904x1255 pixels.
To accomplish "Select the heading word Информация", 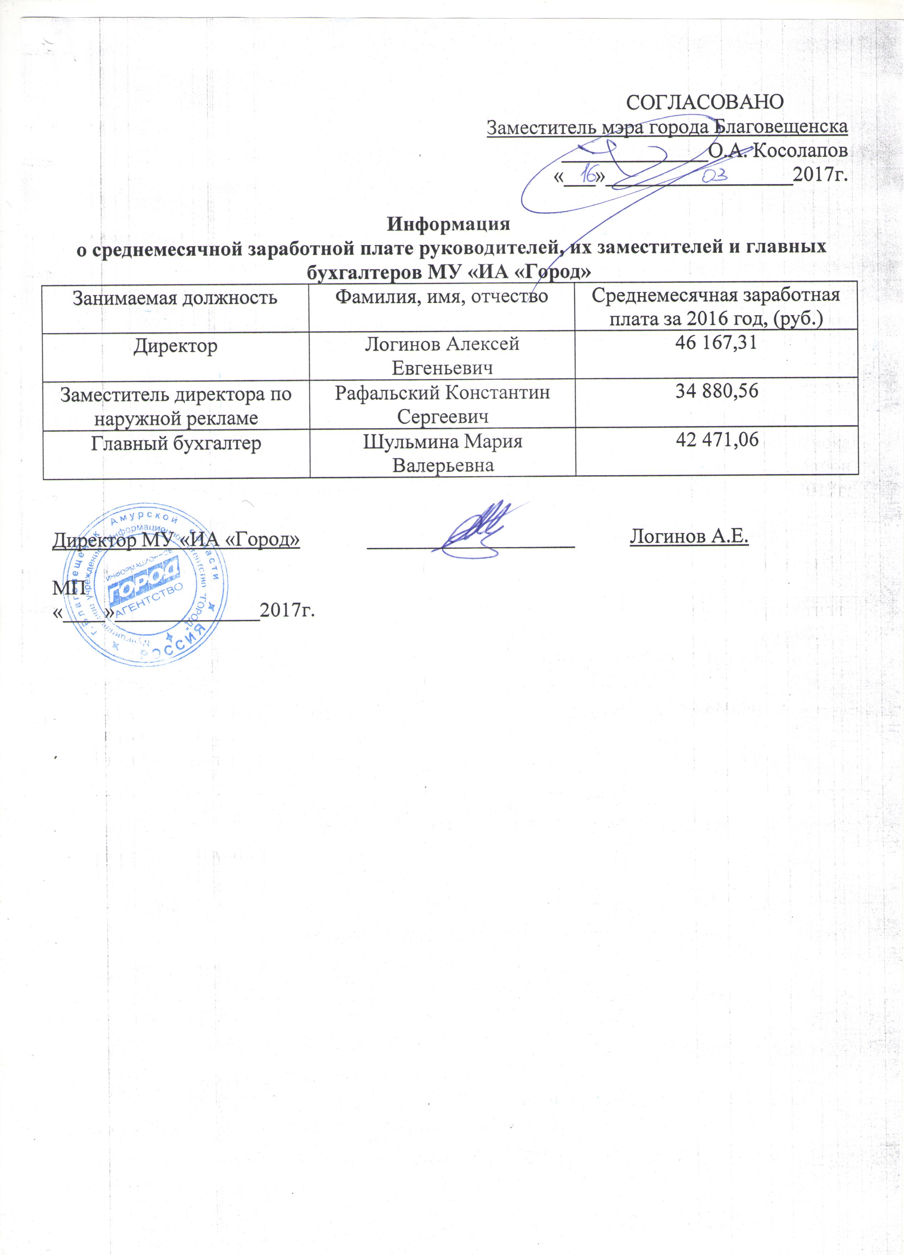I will coord(448,225).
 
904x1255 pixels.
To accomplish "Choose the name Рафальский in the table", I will coord(387,393).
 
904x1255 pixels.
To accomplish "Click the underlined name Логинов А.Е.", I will coord(689,536).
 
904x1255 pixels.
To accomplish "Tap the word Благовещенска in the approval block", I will coord(780,127).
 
